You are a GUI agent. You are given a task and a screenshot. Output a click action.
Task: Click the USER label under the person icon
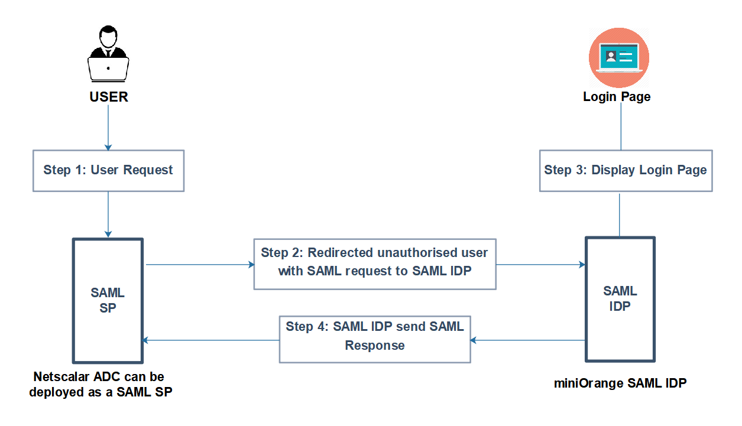(x=109, y=97)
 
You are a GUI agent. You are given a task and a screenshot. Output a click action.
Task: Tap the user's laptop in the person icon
(x=108, y=70)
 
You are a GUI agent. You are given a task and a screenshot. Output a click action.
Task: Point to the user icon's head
(x=108, y=37)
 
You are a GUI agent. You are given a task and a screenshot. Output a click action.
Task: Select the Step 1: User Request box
(x=108, y=171)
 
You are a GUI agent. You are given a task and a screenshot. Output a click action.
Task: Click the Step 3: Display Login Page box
(x=626, y=171)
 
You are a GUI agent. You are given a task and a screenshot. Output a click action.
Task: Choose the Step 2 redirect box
(x=375, y=264)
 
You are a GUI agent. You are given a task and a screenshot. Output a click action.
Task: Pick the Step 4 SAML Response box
(x=375, y=339)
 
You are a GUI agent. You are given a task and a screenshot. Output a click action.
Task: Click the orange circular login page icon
(x=619, y=57)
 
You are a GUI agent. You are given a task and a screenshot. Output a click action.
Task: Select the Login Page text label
(x=617, y=97)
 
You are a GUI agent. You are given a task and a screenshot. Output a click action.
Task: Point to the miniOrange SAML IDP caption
(x=620, y=383)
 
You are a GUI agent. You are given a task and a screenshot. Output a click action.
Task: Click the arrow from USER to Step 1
(x=108, y=128)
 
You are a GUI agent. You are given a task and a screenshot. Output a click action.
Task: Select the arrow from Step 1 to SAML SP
(x=108, y=214)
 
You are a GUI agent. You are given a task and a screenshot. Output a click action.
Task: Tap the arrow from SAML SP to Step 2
(x=200, y=265)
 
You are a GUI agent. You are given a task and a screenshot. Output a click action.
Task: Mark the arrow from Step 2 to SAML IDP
(x=540, y=265)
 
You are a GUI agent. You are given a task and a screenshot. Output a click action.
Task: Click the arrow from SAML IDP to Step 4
(x=528, y=340)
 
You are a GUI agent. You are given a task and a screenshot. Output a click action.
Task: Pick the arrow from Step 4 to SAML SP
(x=211, y=340)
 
